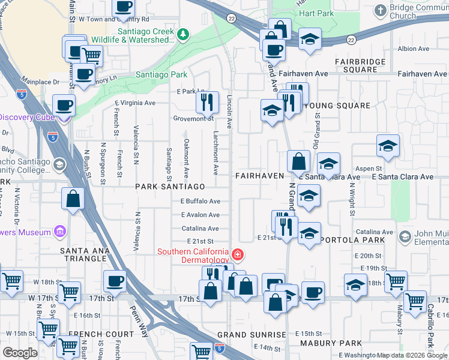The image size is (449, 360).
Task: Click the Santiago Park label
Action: tap(161, 75)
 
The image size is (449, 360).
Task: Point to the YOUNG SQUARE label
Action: tap(337, 106)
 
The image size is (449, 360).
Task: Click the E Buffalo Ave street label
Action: tap(200, 201)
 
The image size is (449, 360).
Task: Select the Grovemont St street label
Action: tap(193, 118)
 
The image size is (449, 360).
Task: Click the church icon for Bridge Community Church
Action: tap(380, 10)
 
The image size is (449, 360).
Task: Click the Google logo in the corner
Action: tap(19, 353)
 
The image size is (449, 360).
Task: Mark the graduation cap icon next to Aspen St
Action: tap(388, 146)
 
